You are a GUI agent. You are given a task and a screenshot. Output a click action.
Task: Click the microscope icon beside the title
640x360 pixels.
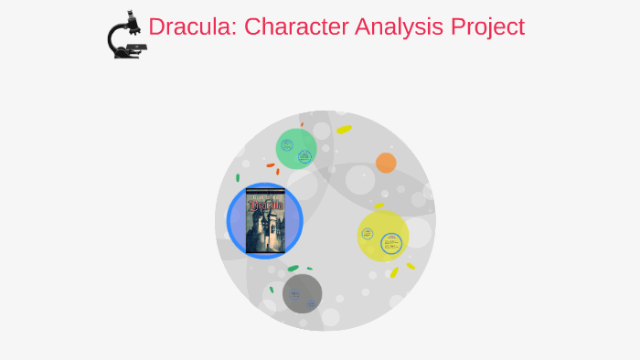coord(126,37)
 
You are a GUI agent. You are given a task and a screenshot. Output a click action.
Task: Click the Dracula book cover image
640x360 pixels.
coord(265,220)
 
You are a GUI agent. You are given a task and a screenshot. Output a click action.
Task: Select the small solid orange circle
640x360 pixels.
coord(386,163)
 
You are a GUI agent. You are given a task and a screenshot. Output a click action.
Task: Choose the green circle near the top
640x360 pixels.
coord(296,149)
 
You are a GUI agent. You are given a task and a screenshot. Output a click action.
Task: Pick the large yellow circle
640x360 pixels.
coord(382,236)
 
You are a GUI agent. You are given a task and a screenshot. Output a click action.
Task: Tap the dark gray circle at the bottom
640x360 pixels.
coord(302,293)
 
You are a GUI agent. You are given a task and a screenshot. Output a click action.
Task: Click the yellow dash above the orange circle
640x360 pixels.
coord(344,130)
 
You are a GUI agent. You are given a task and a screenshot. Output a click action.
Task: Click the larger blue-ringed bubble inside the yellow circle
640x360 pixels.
coord(392,244)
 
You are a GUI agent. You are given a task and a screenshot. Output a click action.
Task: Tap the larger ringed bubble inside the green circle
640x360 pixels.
coord(304,156)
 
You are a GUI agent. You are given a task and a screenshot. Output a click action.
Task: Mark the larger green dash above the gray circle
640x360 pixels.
coord(293,269)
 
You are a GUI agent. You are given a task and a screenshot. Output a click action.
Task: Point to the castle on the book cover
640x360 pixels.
coord(266,233)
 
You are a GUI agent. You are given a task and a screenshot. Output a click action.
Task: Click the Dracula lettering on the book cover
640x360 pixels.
coord(265,204)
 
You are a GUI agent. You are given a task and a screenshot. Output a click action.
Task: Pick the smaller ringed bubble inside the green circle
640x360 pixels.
coord(287,144)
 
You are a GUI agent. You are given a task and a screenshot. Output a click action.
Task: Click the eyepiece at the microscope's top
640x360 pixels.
coord(133,16)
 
